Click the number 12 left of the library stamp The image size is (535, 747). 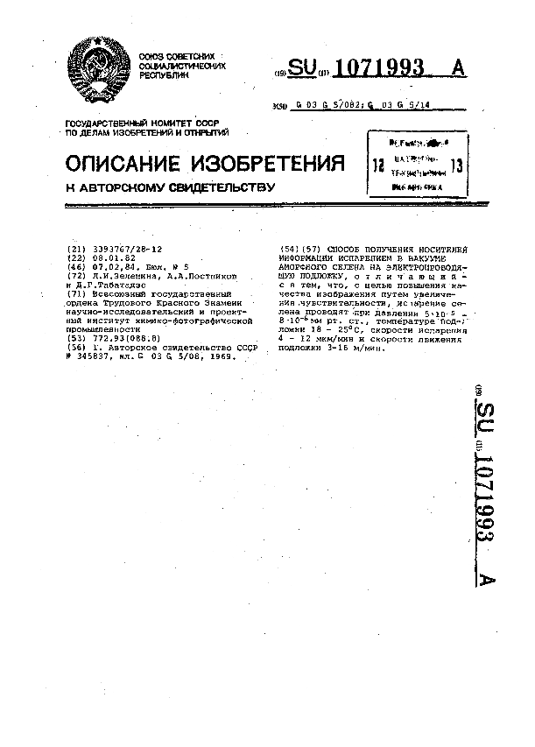click(x=378, y=165)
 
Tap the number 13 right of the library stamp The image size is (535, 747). click(x=456, y=165)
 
